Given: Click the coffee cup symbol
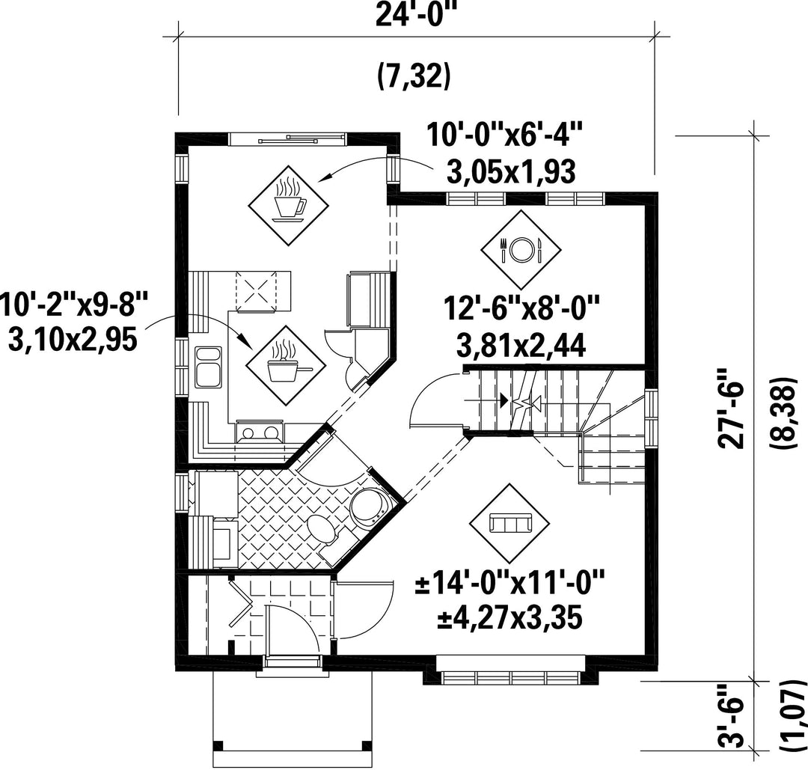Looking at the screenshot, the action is [289, 205].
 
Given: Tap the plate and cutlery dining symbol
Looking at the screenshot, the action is [521, 249].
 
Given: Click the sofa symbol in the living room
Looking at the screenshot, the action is [509, 524].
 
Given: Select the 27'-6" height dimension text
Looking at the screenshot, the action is [732, 408].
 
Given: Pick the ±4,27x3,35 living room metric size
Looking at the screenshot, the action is [510, 619].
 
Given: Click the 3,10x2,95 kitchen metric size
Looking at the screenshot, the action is [73, 340].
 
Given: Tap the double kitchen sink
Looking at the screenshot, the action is [208, 367].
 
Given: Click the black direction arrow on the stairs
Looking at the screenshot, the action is [503, 400].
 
